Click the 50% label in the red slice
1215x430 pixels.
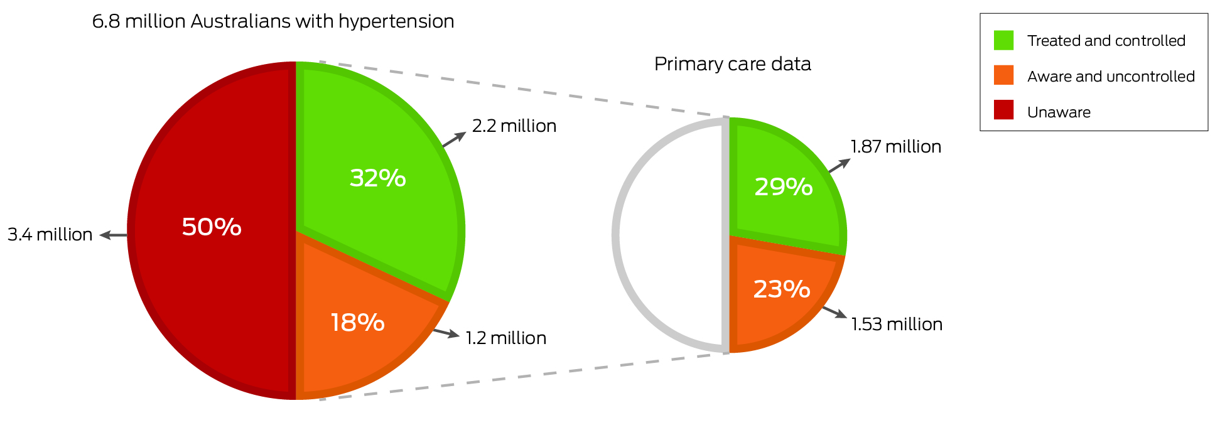point(212,227)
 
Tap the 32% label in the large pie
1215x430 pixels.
point(377,178)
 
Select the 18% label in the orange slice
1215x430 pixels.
point(357,323)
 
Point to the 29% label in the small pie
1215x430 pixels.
point(783,187)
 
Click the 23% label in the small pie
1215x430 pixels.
point(781,289)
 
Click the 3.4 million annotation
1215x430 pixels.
point(50,235)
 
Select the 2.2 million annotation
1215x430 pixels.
point(514,126)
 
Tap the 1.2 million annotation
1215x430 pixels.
point(505,338)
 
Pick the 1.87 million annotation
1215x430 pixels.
point(895,147)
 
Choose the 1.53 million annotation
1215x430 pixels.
point(896,325)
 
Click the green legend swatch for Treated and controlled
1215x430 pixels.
point(1003,41)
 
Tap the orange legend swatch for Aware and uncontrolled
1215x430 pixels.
point(1003,76)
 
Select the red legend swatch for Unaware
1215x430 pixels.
point(1003,110)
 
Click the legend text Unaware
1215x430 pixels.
point(1059,112)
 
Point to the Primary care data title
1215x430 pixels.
point(732,64)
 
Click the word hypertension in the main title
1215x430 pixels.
point(396,22)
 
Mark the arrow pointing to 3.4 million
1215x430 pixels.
point(114,235)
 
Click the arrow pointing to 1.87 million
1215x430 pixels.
point(840,165)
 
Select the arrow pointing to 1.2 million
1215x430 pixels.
point(446,333)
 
